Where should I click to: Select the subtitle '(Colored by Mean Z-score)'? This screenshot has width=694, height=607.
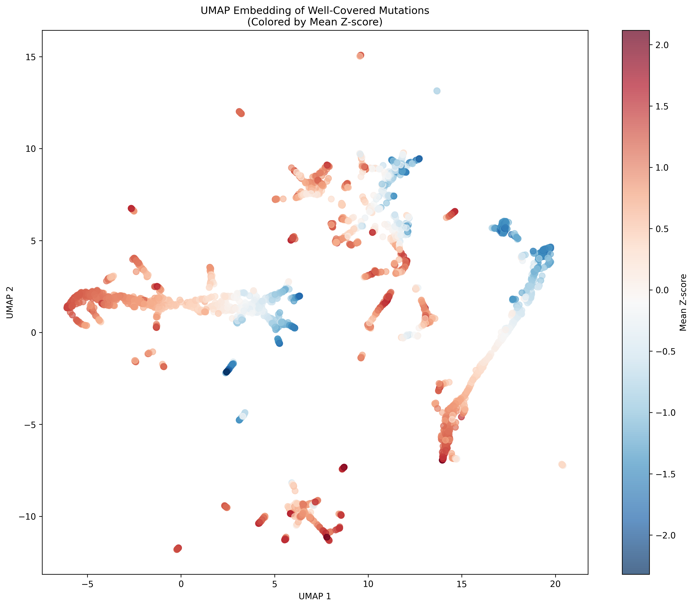coord(315,22)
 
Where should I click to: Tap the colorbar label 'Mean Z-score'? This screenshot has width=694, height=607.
coord(683,303)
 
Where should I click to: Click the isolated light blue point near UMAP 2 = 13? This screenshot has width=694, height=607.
coord(437,91)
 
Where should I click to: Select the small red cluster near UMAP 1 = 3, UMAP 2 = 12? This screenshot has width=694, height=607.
coord(240,113)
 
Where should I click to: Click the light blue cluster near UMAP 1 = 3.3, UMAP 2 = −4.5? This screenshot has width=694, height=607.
coord(242,416)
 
